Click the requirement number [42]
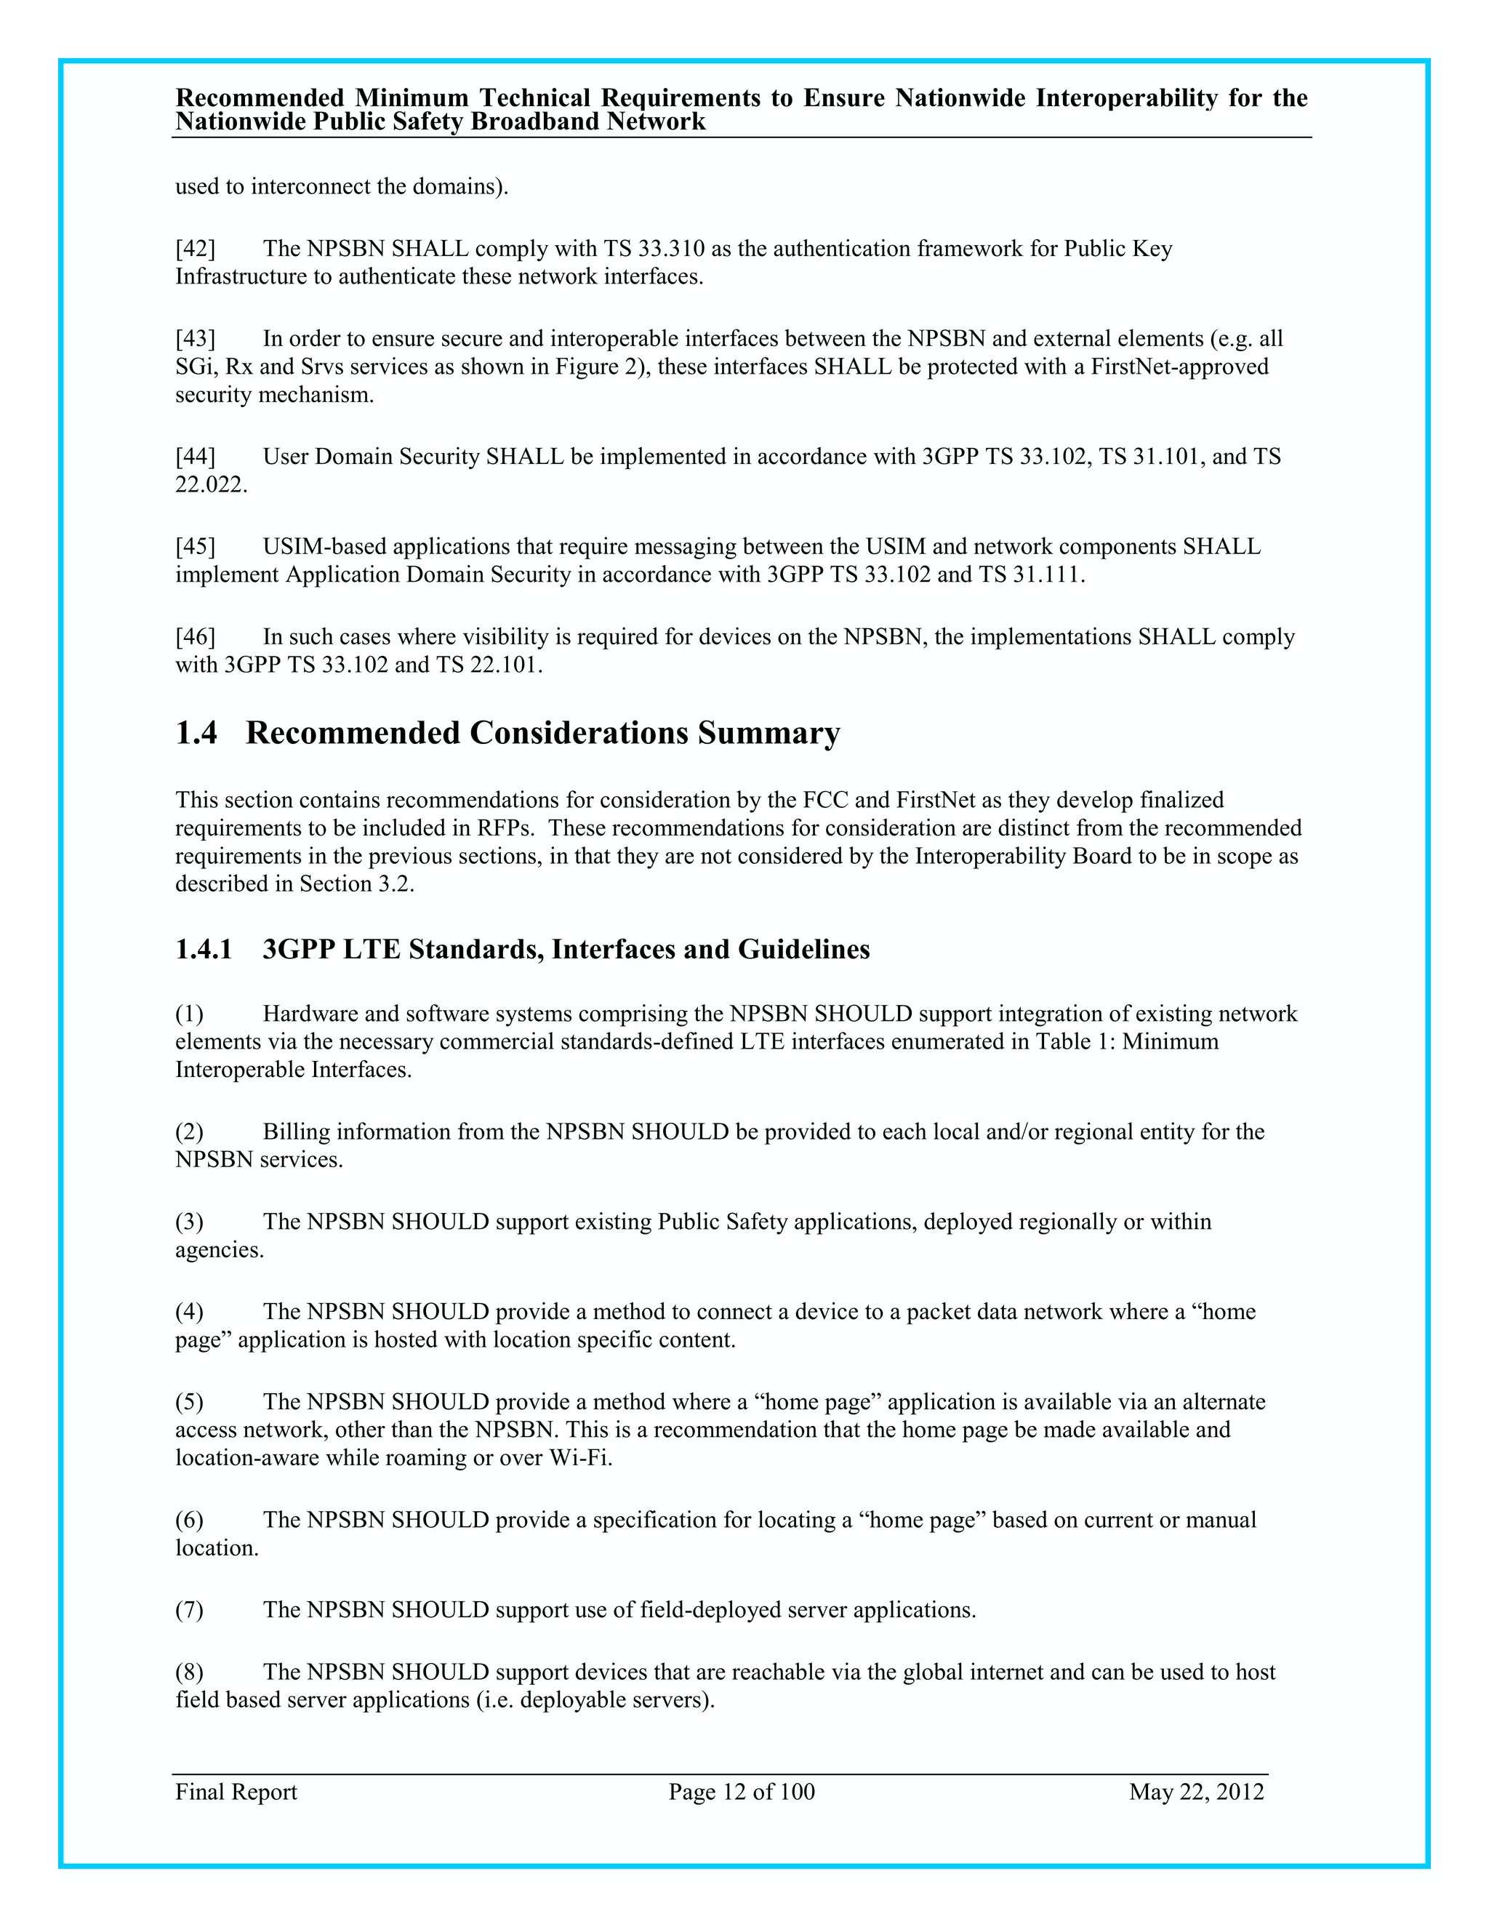tap(195, 249)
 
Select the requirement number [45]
tap(195, 547)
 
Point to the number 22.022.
tap(211, 485)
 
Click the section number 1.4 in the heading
tap(196, 733)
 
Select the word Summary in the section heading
tap(768, 733)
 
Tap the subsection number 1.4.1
tap(204, 950)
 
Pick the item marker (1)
tap(189, 1014)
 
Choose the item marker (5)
tap(189, 1402)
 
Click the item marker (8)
tap(189, 1672)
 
